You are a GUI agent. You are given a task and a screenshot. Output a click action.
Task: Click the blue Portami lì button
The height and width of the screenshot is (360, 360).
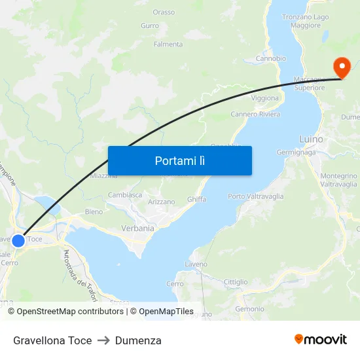179,160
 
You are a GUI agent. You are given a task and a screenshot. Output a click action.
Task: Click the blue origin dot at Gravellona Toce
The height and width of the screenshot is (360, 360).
18,241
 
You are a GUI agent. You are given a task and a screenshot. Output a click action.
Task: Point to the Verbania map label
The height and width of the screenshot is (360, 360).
137,228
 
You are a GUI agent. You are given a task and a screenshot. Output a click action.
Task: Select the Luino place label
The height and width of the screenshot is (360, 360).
311,139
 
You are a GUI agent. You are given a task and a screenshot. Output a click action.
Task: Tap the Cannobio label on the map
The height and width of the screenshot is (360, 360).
270,58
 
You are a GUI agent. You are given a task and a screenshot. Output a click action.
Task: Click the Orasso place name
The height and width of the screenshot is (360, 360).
164,12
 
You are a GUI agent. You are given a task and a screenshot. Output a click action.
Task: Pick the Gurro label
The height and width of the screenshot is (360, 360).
150,26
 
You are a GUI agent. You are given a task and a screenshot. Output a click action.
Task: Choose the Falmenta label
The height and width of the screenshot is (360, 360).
168,45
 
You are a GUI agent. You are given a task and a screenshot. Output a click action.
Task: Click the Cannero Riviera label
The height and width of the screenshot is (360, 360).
255,114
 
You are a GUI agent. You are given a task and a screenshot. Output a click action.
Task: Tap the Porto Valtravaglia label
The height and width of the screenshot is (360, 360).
256,196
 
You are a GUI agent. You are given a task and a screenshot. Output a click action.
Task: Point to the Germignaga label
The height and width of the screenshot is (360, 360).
296,152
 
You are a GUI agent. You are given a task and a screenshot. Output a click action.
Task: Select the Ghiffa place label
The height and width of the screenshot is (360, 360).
196,199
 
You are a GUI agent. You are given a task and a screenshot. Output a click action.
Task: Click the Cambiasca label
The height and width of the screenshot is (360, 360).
125,195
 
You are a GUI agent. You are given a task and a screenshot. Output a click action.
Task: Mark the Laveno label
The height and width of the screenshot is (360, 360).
196,264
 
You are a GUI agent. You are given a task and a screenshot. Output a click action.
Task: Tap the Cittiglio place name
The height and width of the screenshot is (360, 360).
236,282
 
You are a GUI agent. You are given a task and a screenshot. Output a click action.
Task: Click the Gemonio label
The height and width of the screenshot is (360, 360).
249,309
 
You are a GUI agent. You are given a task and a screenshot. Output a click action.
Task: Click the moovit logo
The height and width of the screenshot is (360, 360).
321,339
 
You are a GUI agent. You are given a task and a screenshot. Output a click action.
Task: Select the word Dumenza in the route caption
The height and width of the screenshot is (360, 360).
138,340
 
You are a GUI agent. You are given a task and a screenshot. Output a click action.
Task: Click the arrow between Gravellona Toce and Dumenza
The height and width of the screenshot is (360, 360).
103,340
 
